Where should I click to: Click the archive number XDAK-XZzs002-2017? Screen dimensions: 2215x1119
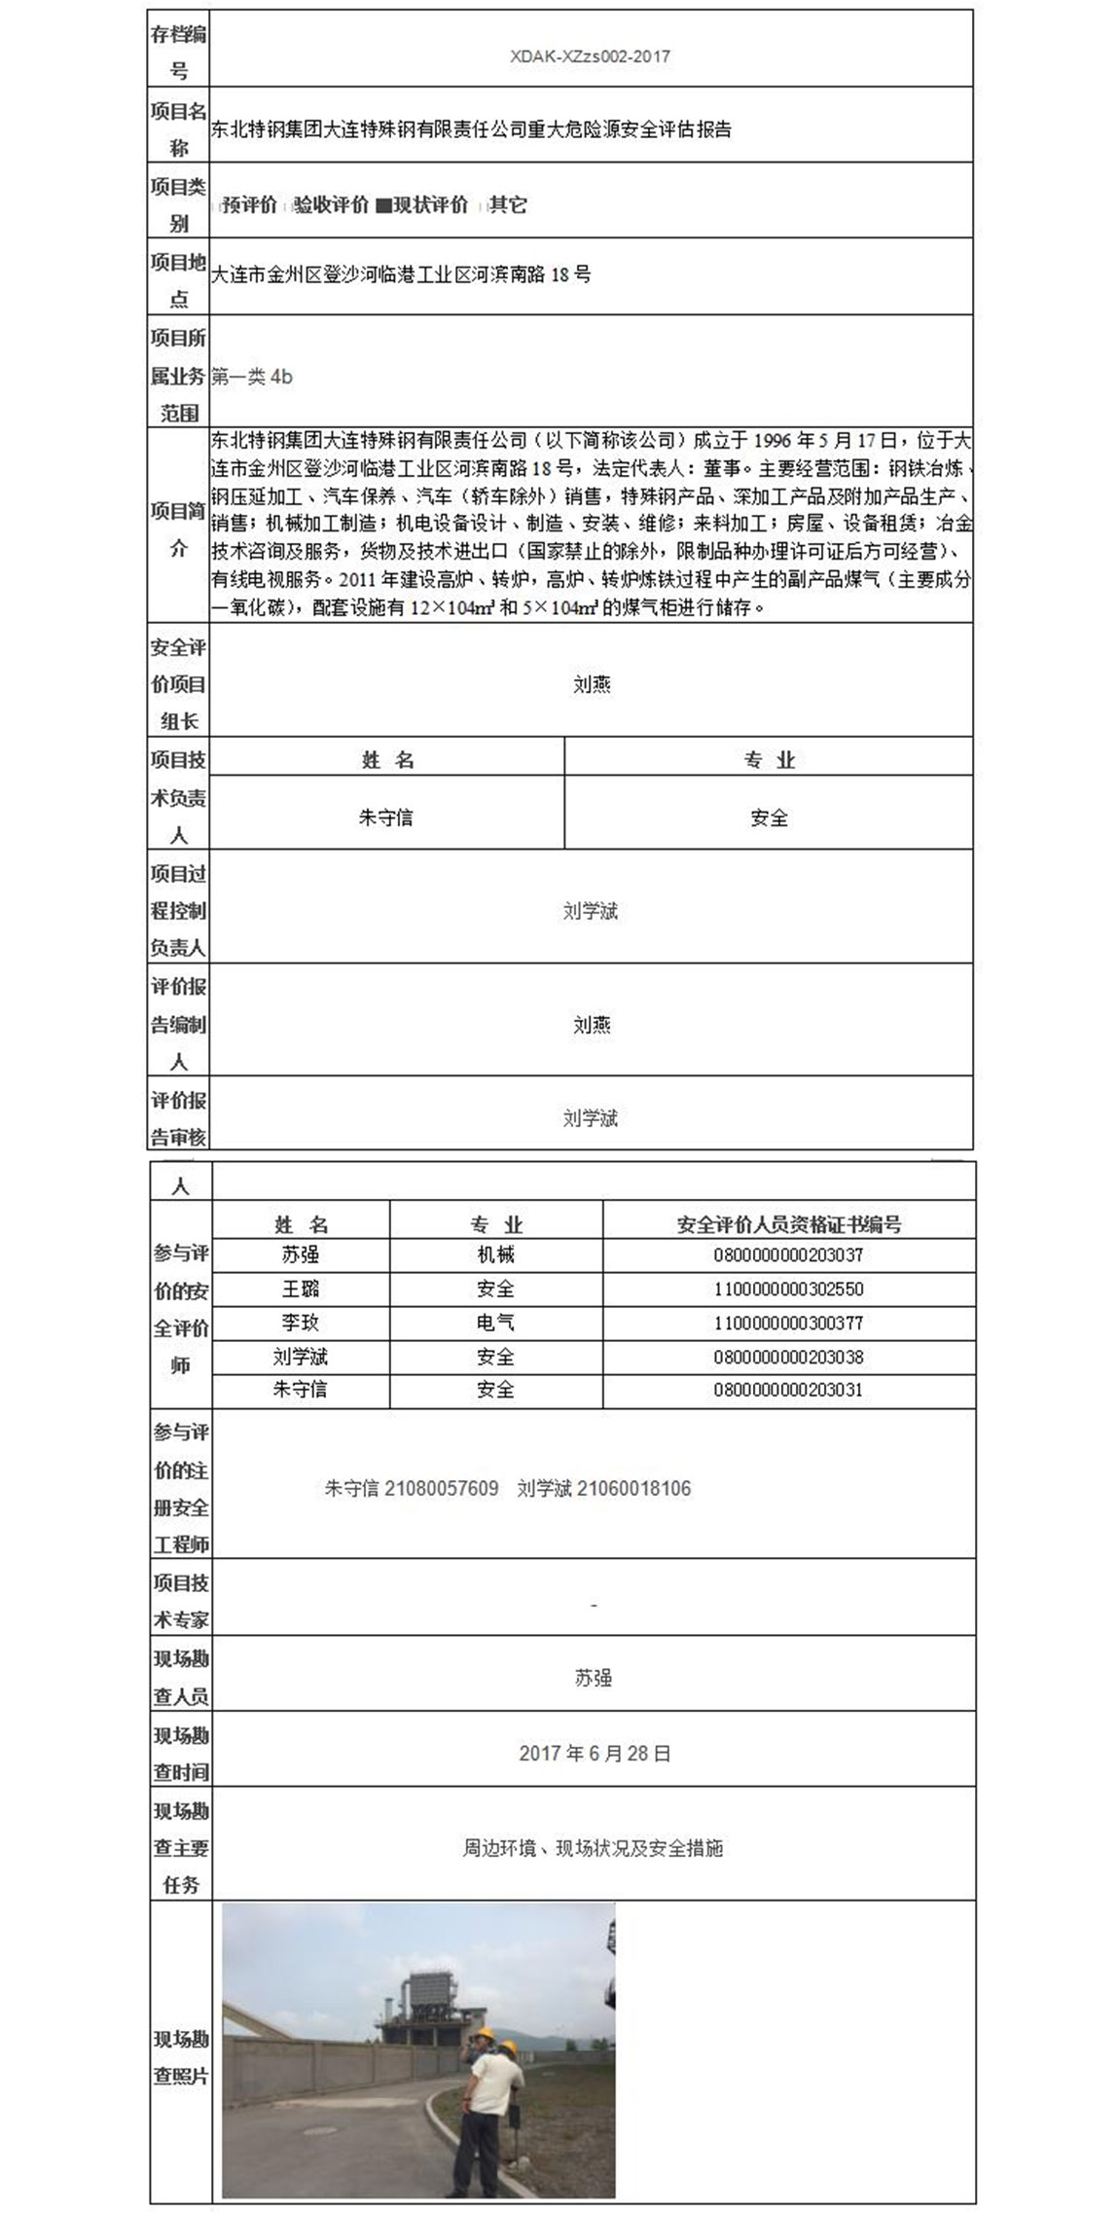[590, 56]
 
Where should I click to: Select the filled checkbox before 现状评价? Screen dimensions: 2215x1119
[383, 206]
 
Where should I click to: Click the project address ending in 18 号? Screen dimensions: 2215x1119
[401, 274]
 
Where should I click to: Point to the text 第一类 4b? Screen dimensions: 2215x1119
[251, 378]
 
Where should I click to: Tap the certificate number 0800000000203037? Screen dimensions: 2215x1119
[788, 1255]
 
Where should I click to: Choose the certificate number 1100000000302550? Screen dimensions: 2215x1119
[788, 1289]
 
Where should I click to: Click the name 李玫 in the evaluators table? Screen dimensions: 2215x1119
[300, 1324]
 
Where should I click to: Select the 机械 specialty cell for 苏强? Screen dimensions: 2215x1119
[495, 1255]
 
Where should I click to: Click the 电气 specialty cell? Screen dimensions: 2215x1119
[495, 1324]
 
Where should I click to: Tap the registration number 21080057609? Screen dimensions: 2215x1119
[441, 1489]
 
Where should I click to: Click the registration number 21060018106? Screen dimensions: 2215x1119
[633, 1489]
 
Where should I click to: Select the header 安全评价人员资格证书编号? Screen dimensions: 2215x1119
[788, 1224]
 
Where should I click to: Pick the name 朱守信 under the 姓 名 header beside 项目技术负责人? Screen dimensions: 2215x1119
[385, 817]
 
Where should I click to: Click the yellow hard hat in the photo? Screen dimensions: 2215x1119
[505, 2049]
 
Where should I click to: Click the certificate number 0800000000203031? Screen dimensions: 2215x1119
[788, 1390]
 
